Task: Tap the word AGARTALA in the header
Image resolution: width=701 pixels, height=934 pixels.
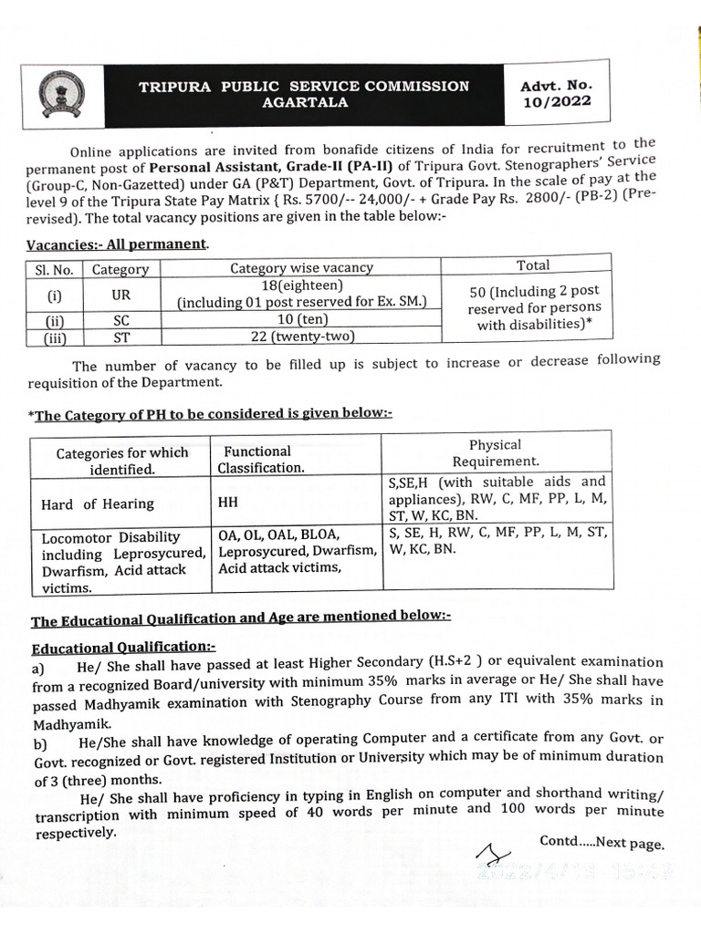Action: (x=305, y=103)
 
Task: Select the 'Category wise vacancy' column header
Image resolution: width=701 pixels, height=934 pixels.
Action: (x=301, y=267)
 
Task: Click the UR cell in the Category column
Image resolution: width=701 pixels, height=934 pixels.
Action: (x=120, y=294)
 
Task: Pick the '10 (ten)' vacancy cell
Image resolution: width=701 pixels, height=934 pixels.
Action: (x=301, y=319)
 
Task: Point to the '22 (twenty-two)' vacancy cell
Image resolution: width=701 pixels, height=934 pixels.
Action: (x=301, y=336)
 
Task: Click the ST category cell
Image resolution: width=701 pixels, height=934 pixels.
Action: (x=120, y=337)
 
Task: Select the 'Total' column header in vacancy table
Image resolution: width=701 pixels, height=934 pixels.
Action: (x=533, y=265)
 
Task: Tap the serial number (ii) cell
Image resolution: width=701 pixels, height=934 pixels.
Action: (x=53, y=320)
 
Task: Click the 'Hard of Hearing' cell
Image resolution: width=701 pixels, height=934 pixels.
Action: (x=98, y=503)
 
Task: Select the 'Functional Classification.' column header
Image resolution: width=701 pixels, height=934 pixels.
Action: (x=260, y=460)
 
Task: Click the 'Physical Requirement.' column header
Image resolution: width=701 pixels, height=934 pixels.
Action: (x=495, y=452)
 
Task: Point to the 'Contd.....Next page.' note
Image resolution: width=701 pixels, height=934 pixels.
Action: (x=602, y=844)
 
